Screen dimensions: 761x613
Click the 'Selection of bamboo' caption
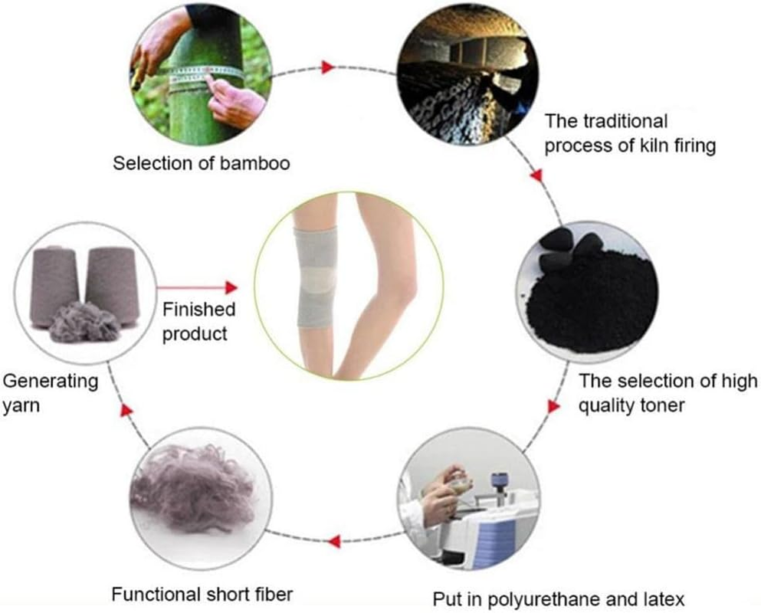click(x=202, y=163)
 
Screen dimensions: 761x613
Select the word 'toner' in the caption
click(x=663, y=405)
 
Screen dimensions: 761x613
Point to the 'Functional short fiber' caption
click(x=202, y=594)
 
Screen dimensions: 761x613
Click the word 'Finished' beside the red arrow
click(x=198, y=310)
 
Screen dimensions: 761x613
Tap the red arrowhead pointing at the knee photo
click(x=231, y=288)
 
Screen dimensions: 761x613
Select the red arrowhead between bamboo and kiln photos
click(x=329, y=67)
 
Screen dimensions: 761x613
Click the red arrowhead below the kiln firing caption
click(x=536, y=175)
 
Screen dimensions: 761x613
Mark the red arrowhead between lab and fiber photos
click(x=333, y=541)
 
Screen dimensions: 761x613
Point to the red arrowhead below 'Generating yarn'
click(x=126, y=411)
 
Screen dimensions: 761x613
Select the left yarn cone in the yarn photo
click(x=54, y=287)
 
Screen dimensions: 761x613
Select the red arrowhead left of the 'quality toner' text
click(x=554, y=406)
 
